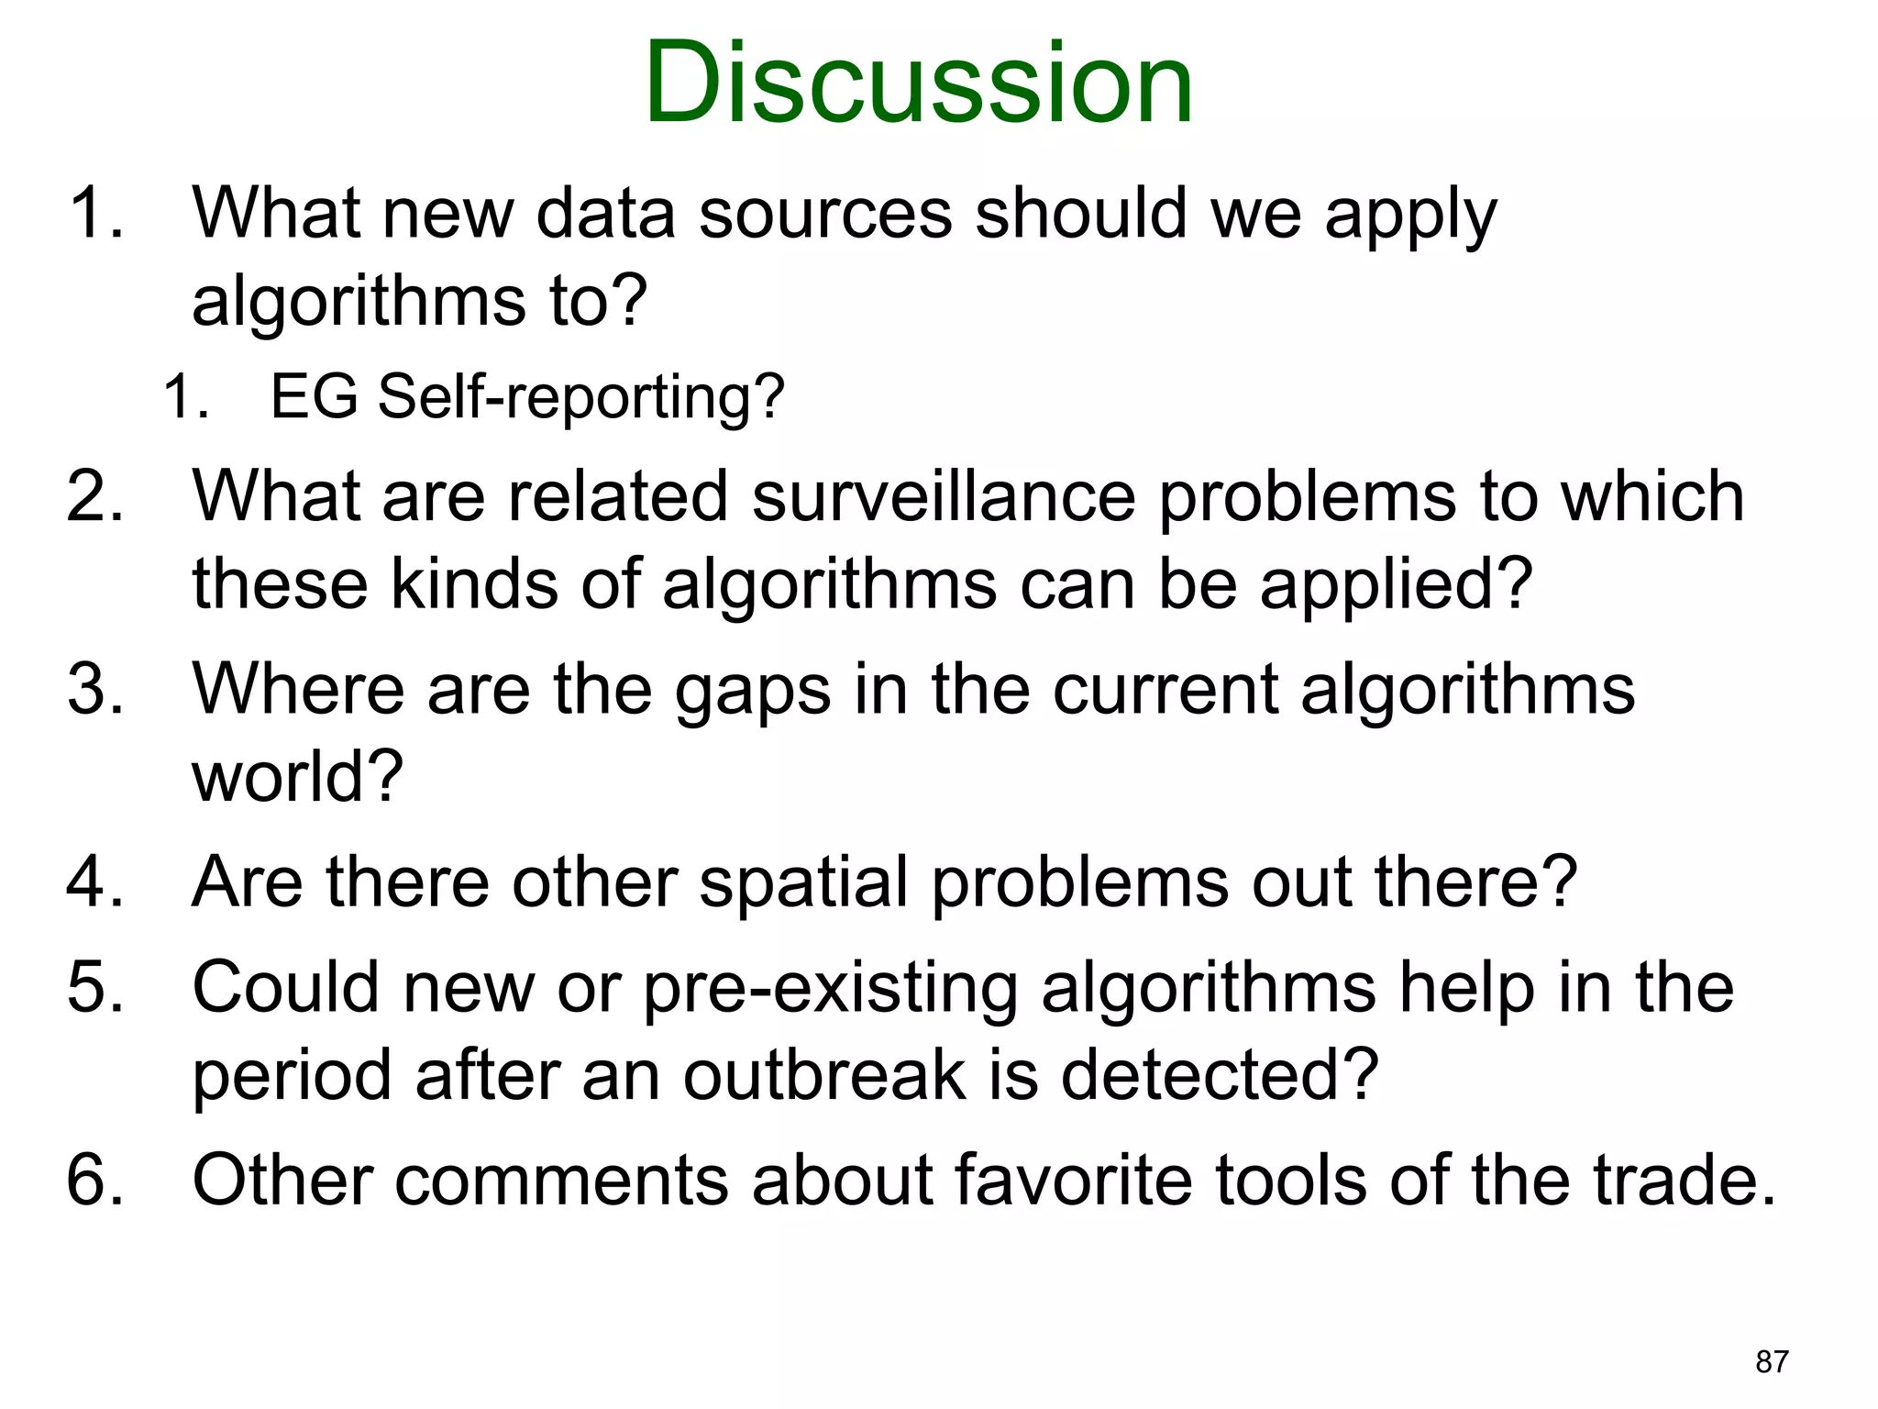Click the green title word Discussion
coord(919,84)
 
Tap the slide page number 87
coord(1772,1362)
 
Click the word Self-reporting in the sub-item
coord(581,398)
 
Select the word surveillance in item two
coord(943,497)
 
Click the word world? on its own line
coord(297,778)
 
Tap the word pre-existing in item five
coord(831,989)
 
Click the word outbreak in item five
coord(823,1076)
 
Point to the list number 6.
coord(94,1181)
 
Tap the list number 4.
coord(94,882)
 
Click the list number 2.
coord(94,497)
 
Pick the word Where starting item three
coord(298,690)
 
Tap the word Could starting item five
coord(285,989)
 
